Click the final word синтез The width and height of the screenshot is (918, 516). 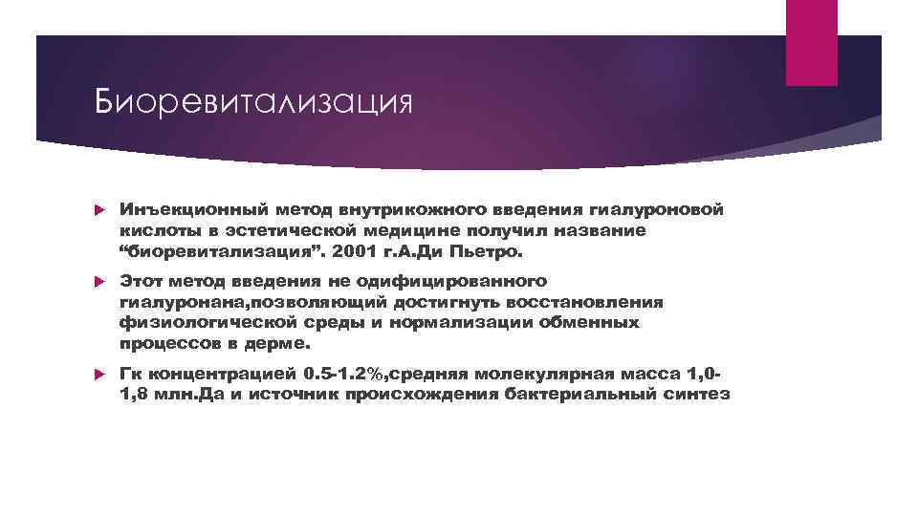pyautogui.click(x=700, y=395)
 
